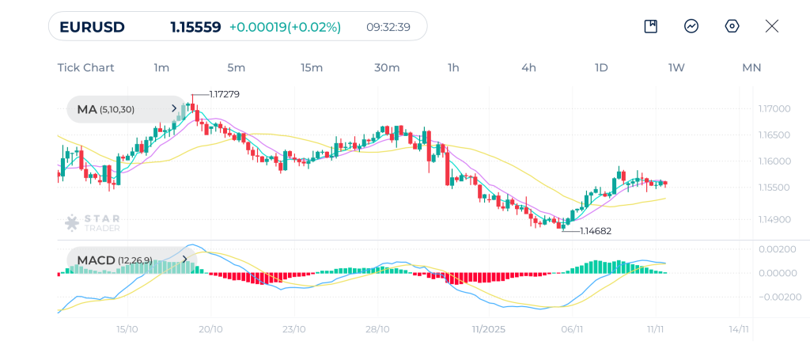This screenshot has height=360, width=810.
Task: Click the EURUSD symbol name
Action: [x=92, y=27]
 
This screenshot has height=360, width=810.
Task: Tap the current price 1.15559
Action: [x=195, y=27]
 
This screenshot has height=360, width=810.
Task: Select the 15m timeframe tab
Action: [x=312, y=68]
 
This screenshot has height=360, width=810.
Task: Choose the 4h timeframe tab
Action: [x=528, y=68]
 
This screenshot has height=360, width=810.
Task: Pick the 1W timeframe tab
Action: [x=676, y=68]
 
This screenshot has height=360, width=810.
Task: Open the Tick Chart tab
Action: [x=85, y=68]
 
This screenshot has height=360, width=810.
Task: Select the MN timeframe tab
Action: [x=751, y=68]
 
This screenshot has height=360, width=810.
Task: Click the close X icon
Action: [x=772, y=26]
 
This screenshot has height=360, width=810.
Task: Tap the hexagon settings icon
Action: [x=732, y=26]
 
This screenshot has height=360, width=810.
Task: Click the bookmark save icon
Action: [x=651, y=26]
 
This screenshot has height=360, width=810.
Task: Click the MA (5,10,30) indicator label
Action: [x=116, y=110]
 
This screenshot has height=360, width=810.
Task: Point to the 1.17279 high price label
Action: [x=225, y=94]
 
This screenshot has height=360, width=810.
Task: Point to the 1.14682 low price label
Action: [x=596, y=231]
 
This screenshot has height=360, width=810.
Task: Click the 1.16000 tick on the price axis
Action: [x=774, y=161]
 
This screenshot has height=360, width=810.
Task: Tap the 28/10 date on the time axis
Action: [x=378, y=329]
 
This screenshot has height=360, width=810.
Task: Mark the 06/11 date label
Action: [x=572, y=329]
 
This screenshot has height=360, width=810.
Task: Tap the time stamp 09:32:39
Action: [x=388, y=27]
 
